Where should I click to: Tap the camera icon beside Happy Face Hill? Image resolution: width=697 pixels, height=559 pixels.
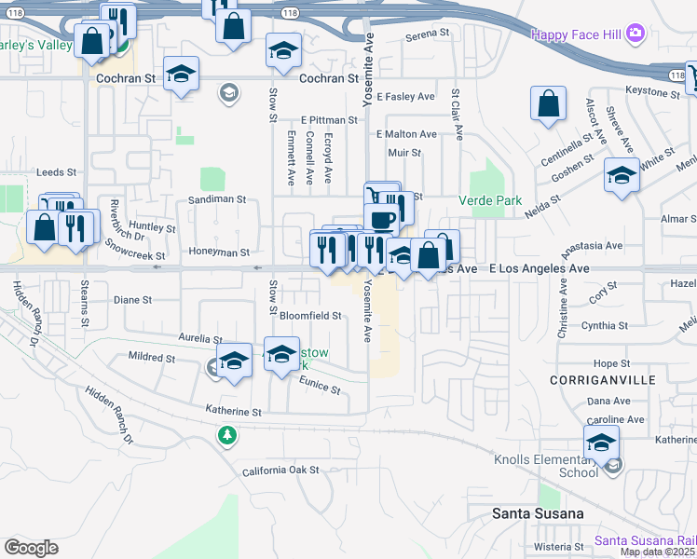tap(635, 34)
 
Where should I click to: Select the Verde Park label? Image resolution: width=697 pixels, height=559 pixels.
tap(490, 200)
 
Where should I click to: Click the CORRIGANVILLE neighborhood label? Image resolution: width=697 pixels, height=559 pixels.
tap(602, 380)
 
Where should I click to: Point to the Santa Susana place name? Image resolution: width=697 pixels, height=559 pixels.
tap(538, 513)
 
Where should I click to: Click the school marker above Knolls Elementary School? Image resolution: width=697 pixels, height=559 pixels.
tap(602, 442)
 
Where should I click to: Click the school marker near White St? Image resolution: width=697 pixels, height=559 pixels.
tap(622, 174)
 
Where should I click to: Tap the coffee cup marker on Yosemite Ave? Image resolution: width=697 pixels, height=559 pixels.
tap(381, 219)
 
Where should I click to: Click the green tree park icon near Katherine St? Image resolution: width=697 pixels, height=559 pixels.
tap(226, 435)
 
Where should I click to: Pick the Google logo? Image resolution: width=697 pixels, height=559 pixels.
tap(31, 547)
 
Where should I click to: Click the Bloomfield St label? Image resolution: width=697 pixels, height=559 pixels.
tap(310, 316)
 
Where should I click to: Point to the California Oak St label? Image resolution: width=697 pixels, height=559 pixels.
tap(280, 470)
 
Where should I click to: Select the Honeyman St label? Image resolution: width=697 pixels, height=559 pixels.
tap(219, 252)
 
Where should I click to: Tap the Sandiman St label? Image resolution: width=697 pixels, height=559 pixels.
tap(216, 199)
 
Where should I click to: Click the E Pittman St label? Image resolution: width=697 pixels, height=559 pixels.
tap(329, 120)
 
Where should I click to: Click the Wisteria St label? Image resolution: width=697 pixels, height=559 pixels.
tap(556, 547)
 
